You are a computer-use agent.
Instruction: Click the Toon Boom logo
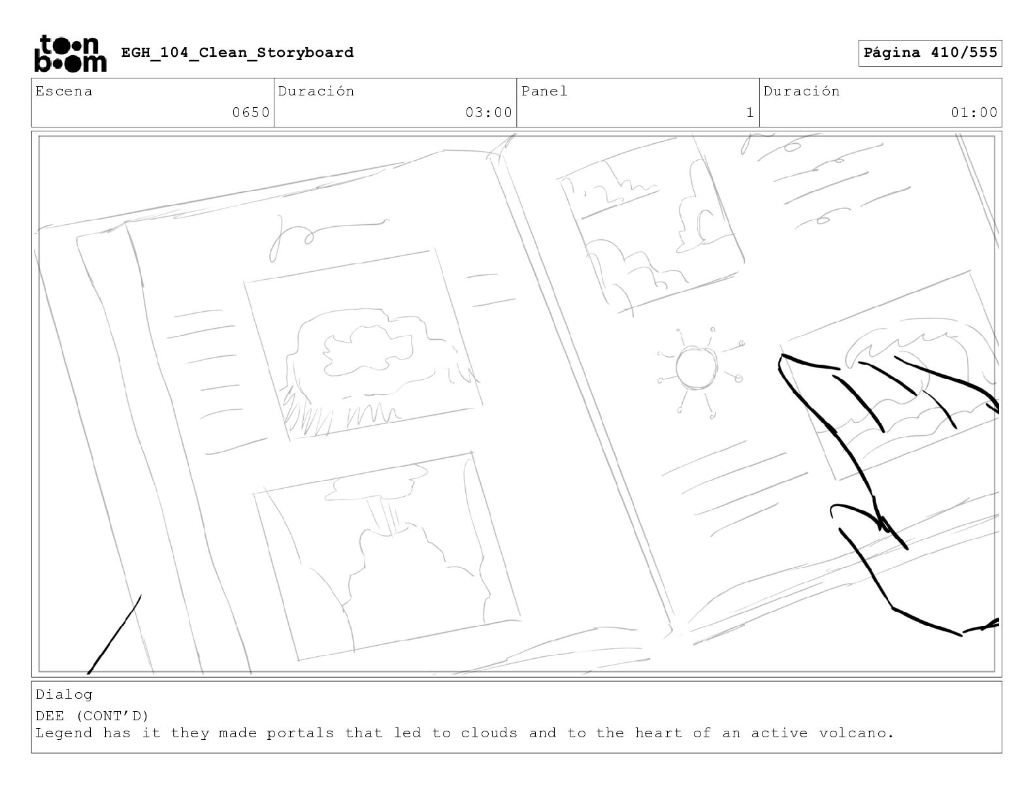[71, 54]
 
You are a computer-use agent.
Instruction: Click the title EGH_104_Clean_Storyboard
[237, 52]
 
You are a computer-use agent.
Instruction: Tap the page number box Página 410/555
[930, 53]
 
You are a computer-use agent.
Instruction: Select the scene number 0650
[251, 112]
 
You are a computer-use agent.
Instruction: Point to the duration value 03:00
[489, 112]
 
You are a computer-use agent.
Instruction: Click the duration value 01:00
[974, 112]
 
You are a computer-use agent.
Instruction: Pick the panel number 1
[750, 112]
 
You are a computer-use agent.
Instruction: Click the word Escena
[64, 91]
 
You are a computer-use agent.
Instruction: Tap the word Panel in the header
[544, 91]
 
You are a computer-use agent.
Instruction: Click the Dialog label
[64, 695]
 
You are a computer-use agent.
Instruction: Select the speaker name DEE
[50, 716]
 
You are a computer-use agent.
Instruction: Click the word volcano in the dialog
[851, 733]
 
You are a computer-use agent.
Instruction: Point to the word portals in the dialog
[300, 733]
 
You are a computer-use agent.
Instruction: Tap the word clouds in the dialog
[489, 733]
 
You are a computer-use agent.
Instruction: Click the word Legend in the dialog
[64, 734]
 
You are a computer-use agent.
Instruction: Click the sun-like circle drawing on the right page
[696, 368]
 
